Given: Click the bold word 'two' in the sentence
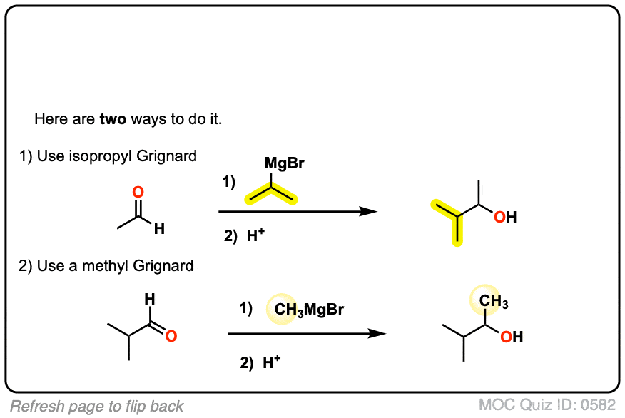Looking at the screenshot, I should tap(113, 119).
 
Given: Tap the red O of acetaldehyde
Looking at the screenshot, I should tap(138, 193).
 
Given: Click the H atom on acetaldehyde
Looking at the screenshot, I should tap(159, 229).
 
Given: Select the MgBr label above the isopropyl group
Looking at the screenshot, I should tap(284, 164).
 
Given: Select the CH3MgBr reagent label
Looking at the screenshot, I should tap(309, 310).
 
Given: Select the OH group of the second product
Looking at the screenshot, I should tap(511, 337).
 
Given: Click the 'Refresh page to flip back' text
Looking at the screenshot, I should tap(97, 407).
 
